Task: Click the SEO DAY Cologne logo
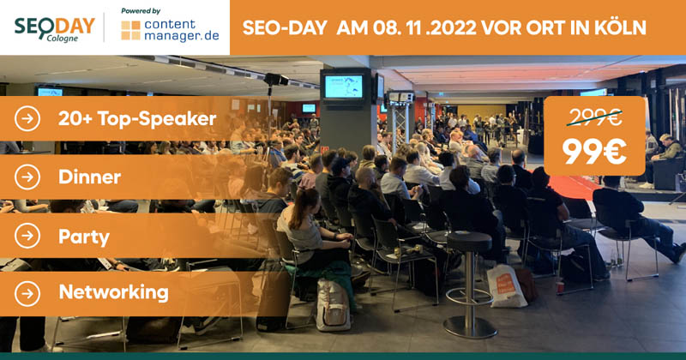54,29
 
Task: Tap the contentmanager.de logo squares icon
131,30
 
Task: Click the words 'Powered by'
141,11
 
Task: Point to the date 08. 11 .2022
424,27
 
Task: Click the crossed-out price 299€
594,117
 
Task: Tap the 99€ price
594,152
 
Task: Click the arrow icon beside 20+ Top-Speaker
27,118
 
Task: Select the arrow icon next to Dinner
27,177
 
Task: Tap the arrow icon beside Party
27,236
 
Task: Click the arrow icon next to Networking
27,293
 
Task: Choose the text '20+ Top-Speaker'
137,119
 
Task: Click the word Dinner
90,177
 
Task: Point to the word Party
84,237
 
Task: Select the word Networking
114,292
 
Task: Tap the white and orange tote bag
506,286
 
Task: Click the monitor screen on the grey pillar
344,87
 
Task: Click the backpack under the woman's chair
332,304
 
